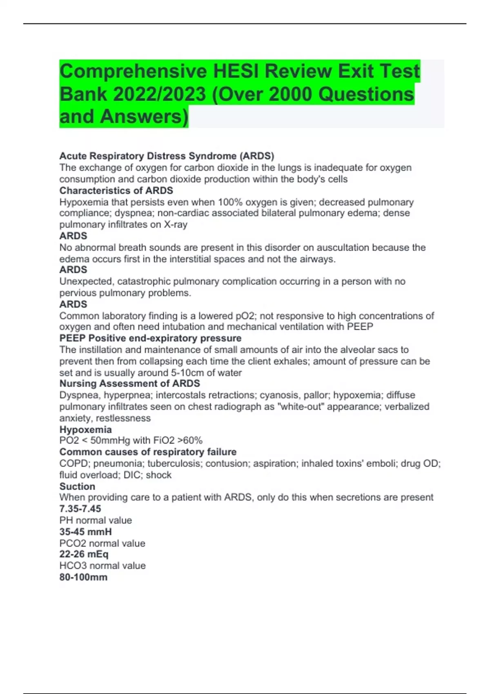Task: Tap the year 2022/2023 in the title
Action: pos(159,94)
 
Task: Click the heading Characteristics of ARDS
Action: pos(116,191)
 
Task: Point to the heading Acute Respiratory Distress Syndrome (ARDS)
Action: pos(167,156)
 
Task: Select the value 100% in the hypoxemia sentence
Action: pos(230,202)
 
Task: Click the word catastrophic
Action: pos(144,281)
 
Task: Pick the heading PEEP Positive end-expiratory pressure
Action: pos(150,338)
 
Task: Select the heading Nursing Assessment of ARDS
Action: pos(130,384)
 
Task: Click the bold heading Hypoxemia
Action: pos(85,429)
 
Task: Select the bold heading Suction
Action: pos(77,486)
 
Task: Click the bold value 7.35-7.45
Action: pos(80,509)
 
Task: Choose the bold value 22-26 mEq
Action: pos(84,554)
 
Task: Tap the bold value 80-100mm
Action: pos(83,577)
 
